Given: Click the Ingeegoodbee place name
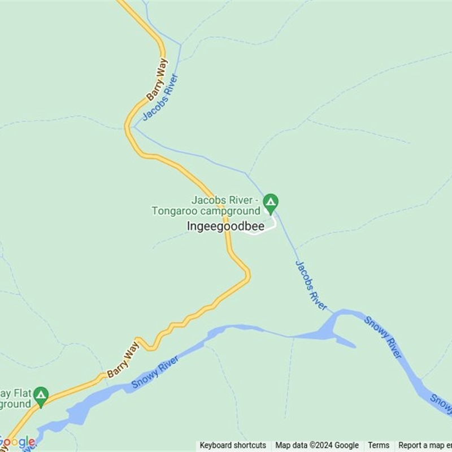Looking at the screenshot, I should click(x=225, y=225).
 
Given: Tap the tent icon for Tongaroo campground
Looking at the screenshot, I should click(x=271, y=202).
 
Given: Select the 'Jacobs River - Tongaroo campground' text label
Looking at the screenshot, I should click(x=206, y=206).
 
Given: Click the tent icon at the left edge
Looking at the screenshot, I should click(x=41, y=395).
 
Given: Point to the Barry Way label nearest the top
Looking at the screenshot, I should click(x=157, y=79).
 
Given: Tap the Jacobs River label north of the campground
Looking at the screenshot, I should click(x=160, y=97).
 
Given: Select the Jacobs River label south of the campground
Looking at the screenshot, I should click(x=311, y=285).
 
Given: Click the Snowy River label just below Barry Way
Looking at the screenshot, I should click(x=155, y=372).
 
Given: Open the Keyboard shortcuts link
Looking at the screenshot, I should click(x=233, y=445).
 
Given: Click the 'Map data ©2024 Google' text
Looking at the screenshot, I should click(x=317, y=445).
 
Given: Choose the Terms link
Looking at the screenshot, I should click(x=379, y=445).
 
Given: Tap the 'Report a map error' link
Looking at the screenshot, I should click(x=424, y=445).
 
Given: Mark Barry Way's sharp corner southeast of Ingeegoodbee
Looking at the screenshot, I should click(x=247, y=274).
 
